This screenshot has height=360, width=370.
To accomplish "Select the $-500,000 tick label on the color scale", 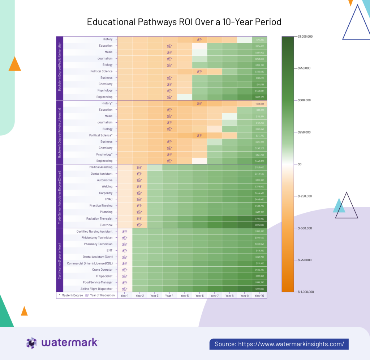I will [x=305, y=228].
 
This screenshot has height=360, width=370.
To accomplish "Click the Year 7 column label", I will [x=214, y=296].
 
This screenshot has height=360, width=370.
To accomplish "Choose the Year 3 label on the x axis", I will [x=154, y=296].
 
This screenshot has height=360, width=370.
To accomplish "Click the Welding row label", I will [x=107, y=186].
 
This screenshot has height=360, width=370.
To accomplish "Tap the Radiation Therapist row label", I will [x=99, y=219].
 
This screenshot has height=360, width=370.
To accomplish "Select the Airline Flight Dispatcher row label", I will [x=96, y=289].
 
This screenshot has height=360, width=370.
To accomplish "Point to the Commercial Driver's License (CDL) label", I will [x=90, y=263].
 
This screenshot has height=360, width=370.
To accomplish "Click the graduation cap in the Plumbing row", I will [x=139, y=212].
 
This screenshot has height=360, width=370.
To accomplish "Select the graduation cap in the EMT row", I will [x=125, y=250].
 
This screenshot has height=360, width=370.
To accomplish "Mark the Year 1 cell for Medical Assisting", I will [x=125, y=168].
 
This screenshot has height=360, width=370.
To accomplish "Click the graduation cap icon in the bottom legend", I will [x=87, y=295].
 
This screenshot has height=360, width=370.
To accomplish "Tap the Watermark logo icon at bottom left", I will [x=32, y=343].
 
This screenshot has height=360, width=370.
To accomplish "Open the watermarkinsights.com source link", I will [x=279, y=344].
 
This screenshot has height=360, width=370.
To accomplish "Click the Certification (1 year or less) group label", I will [x=60, y=260].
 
